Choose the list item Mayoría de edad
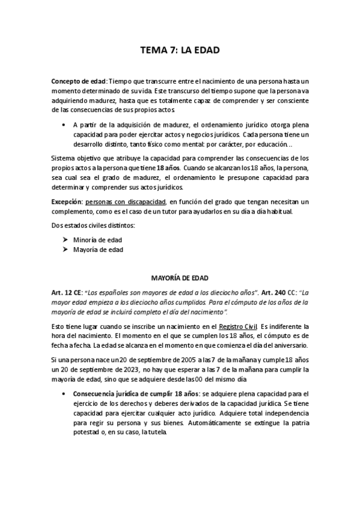pos(99,250)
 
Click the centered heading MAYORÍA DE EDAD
pos(179,278)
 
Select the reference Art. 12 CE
pos(67,292)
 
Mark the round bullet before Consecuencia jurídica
pos(64,393)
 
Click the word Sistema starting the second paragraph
pos(64,158)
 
